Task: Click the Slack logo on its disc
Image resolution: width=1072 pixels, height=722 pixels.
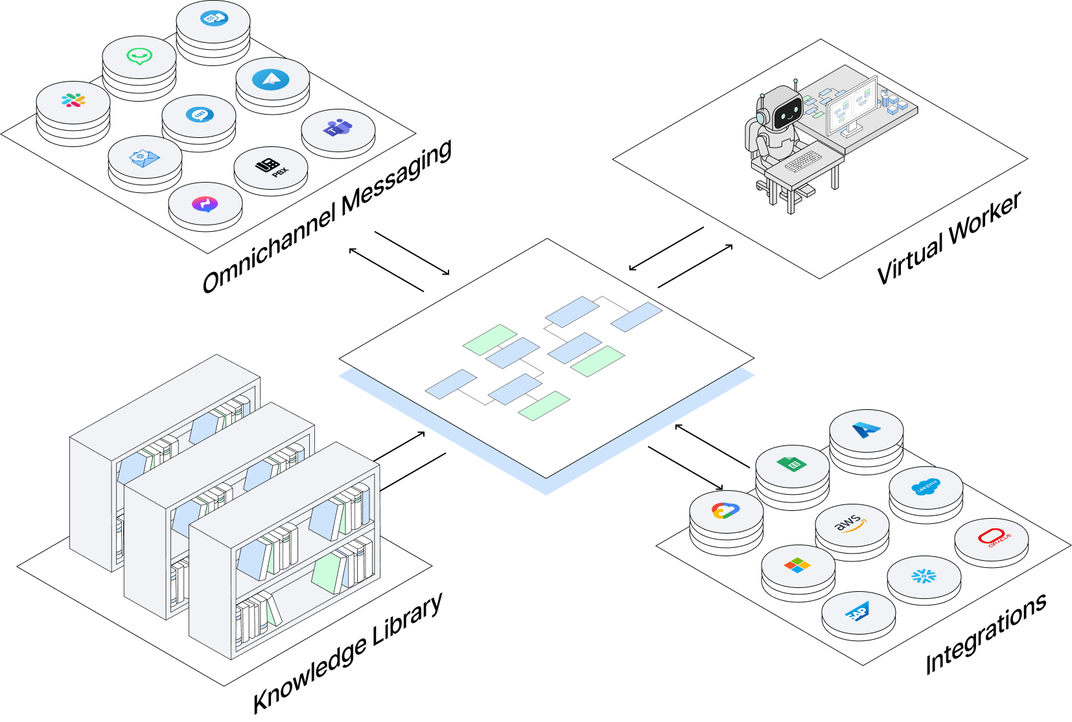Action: (73, 100)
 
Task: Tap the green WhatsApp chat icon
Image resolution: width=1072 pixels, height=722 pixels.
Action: (139, 57)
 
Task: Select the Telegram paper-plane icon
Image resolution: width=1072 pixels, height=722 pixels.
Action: (272, 80)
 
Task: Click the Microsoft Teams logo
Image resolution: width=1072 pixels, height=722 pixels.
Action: (338, 128)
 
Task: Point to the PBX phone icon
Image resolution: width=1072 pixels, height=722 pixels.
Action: (270, 167)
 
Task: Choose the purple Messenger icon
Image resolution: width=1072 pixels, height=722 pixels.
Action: (205, 204)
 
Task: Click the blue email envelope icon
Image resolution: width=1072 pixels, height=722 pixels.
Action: (145, 157)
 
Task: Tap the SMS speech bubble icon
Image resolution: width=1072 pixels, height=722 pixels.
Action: (199, 115)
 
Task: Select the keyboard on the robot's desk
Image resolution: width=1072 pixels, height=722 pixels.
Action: (802, 160)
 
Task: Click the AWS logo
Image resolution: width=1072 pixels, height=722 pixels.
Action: (851, 523)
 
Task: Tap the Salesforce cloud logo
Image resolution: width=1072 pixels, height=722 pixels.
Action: (925, 487)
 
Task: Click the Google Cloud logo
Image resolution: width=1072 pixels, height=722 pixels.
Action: (725, 511)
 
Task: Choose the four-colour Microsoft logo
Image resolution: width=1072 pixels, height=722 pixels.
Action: (797, 566)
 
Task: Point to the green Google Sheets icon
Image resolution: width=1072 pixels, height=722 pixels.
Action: (791, 464)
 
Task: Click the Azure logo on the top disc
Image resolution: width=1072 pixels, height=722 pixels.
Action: (866, 429)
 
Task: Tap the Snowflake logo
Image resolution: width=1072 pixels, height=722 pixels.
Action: (924, 576)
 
